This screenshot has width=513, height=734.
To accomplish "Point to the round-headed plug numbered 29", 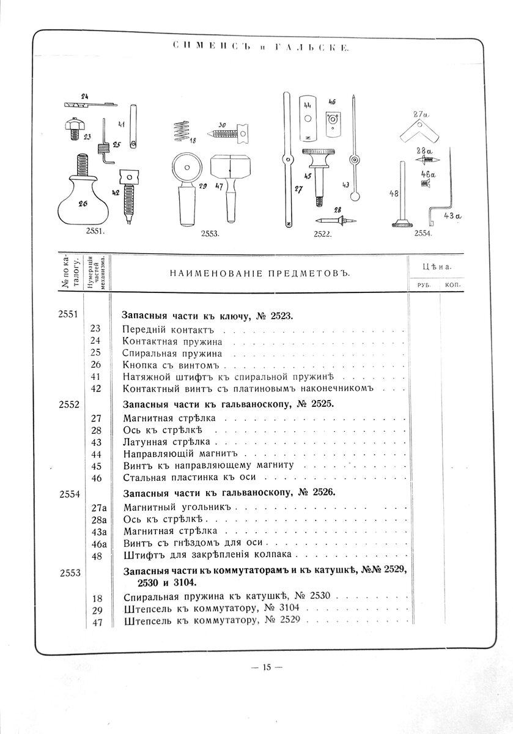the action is [187, 190].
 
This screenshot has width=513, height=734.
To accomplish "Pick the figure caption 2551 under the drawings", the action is [95, 231].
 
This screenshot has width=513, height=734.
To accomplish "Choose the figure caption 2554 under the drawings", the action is [423, 233].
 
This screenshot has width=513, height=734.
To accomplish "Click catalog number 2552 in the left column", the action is [69, 404].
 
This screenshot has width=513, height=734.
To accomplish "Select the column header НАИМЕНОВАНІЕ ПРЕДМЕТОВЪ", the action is [260, 273].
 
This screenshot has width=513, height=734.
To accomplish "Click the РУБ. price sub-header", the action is [423, 285].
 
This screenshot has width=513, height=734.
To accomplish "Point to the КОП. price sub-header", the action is [452, 285].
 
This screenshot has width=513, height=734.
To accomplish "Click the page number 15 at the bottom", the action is [267, 667].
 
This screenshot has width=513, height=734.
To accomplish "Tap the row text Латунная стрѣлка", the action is [167, 442].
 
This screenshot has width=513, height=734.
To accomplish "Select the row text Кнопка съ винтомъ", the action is [171, 365].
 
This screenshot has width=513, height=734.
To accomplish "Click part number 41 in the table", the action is [95, 377].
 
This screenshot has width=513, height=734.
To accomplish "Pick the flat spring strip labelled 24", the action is [90, 104].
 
